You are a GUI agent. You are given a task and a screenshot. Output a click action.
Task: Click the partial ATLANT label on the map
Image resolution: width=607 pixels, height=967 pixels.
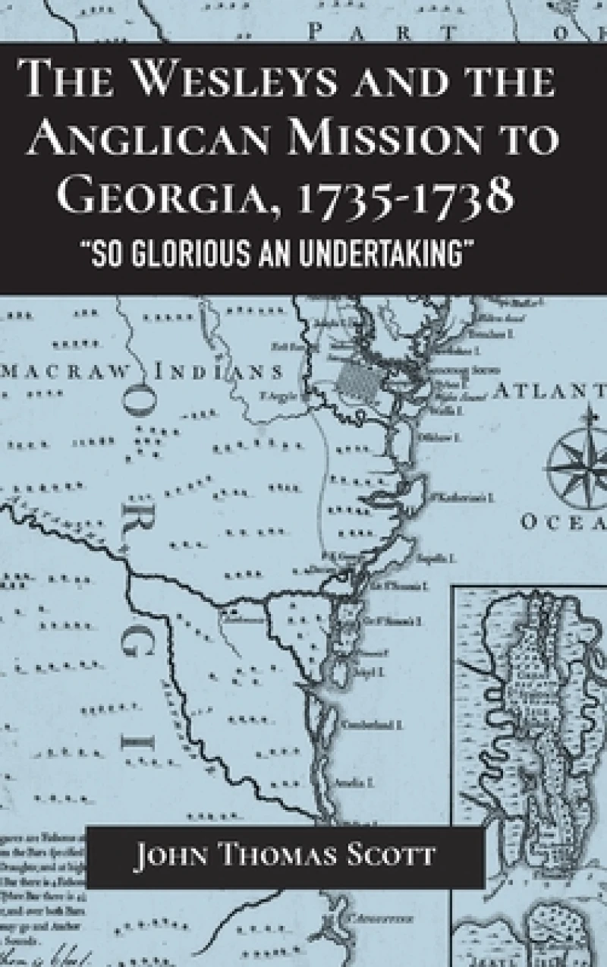(x=549, y=392)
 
